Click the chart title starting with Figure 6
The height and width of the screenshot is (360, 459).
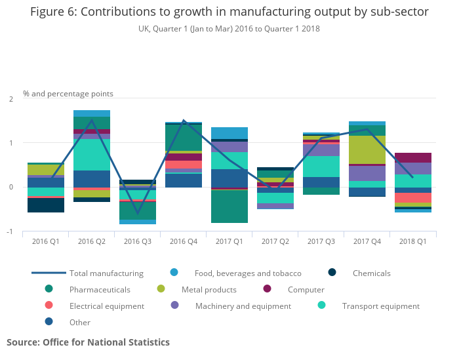229,12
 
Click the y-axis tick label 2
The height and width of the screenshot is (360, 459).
10,99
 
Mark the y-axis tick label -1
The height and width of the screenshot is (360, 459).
10,231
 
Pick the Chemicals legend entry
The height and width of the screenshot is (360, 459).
371,273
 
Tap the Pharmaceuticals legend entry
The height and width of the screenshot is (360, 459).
100,290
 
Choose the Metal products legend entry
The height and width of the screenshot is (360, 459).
209,290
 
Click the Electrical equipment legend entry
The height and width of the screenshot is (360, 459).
106,306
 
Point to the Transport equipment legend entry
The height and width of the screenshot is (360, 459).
380,306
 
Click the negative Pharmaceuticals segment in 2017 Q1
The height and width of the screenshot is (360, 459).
229,207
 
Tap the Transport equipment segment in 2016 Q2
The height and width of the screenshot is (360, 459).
92,155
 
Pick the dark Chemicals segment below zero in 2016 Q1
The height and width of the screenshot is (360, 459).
46,205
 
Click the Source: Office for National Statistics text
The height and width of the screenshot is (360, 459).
88,342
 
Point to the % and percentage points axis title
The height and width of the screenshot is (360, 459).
68,94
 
